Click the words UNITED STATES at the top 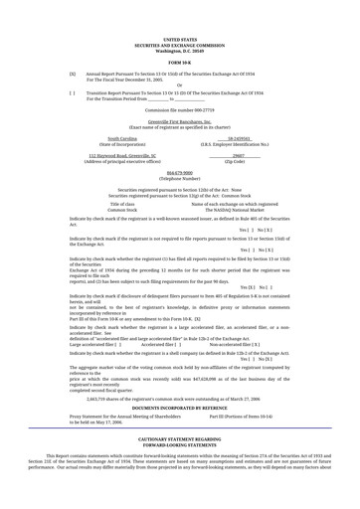pos(179,40)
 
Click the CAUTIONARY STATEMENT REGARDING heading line pos(179,436)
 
